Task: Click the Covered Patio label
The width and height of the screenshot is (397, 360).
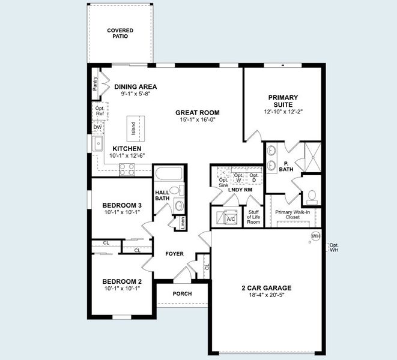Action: point(120,33)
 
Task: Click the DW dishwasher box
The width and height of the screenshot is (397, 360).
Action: point(97,128)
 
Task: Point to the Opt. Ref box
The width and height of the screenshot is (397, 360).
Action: point(100,111)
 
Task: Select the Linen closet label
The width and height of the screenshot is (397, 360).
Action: point(183,223)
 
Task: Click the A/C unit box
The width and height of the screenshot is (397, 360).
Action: point(229,217)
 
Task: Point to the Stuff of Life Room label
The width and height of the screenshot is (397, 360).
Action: point(253,217)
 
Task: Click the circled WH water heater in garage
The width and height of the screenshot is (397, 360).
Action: point(315,236)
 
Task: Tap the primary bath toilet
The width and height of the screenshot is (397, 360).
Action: point(312,196)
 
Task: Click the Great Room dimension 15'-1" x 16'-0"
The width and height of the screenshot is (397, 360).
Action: point(197,120)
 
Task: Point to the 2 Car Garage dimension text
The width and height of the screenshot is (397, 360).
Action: point(266,295)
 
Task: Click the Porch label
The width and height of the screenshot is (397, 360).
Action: point(182,294)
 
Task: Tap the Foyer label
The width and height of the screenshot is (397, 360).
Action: point(175,254)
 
